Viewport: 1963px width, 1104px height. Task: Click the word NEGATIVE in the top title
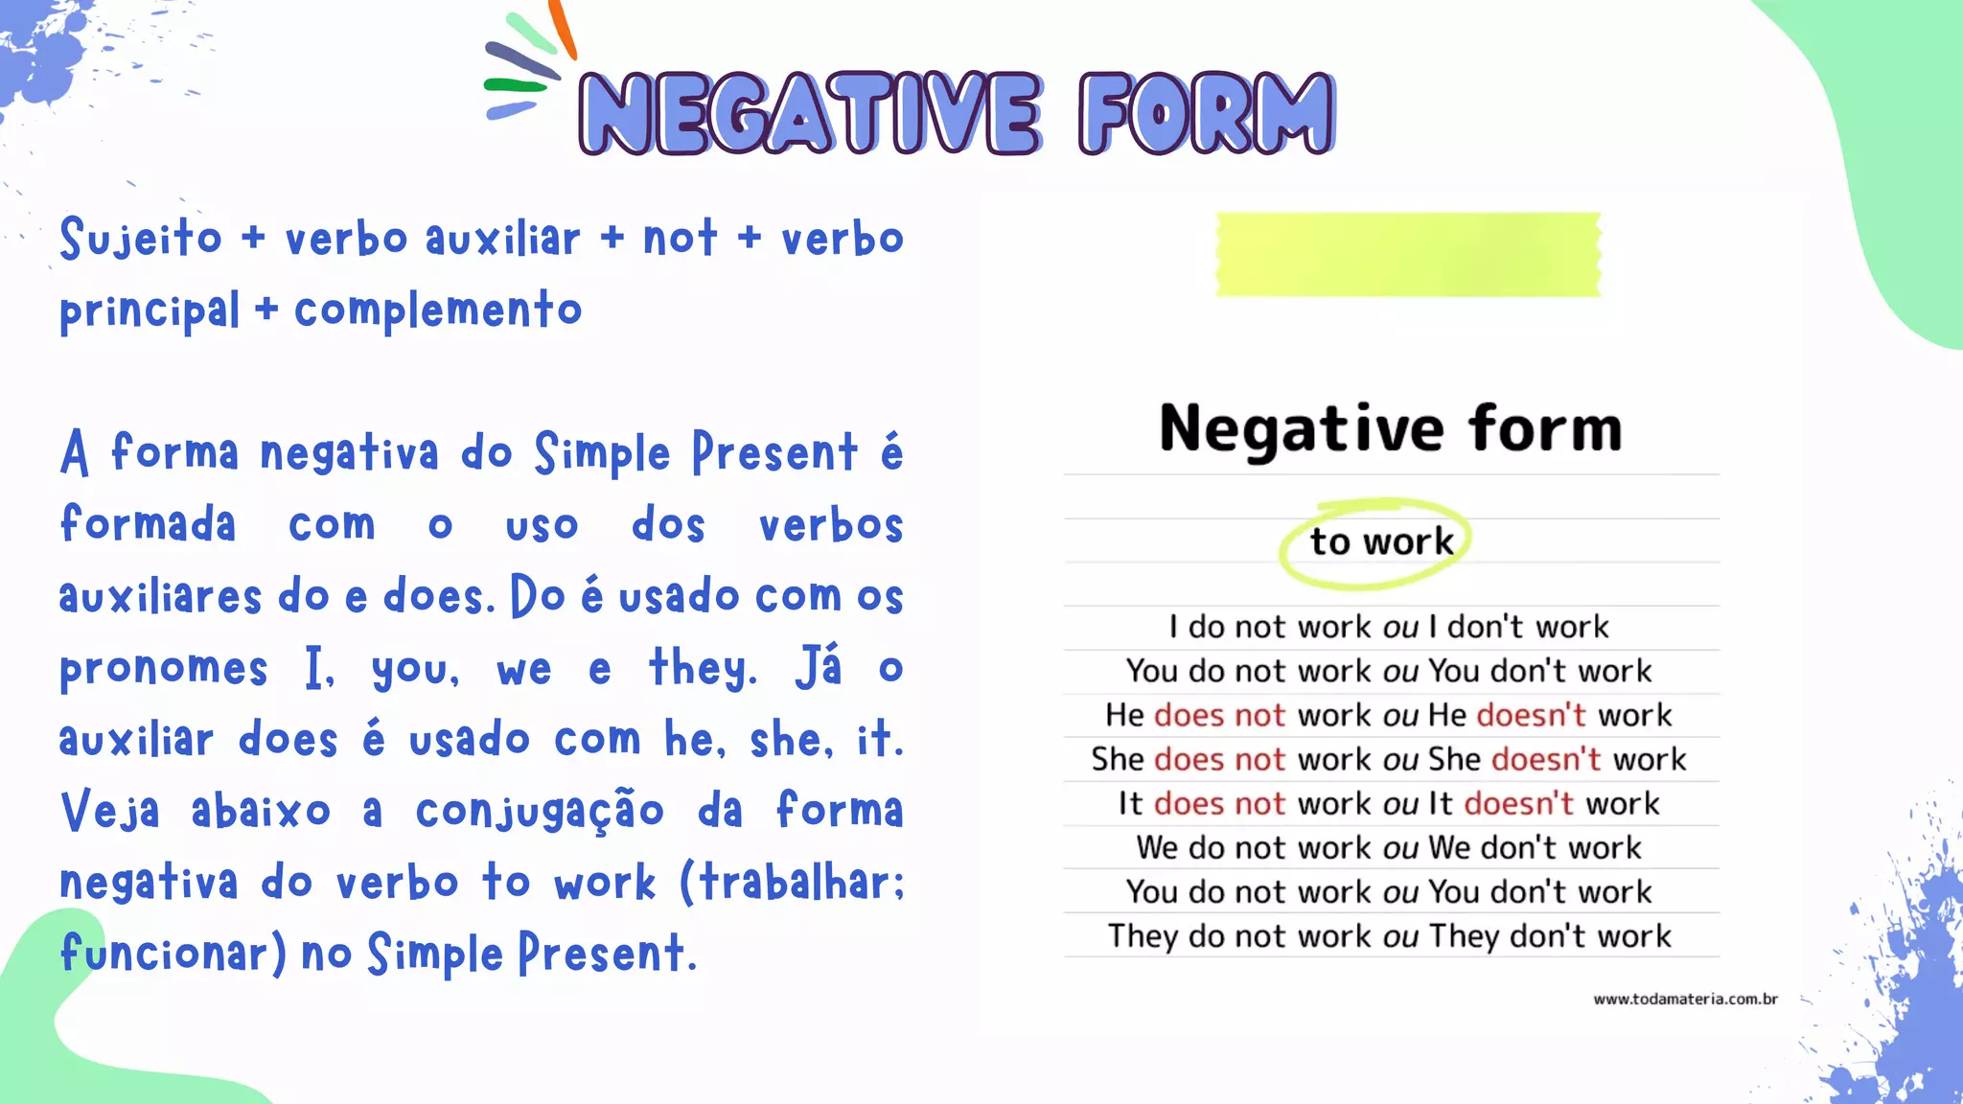coord(810,113)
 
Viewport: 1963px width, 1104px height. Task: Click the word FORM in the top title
coord(1206,113)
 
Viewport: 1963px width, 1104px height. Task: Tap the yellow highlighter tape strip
coord(1407,254)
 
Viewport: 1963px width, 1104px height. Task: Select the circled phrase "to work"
coord(1381,541)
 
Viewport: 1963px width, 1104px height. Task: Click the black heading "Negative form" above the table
coord(1390,428)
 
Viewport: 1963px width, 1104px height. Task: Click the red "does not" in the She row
coord(1219,759)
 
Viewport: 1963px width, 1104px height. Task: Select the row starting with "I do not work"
coord(1388,627)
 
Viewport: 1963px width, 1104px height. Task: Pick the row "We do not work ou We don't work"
coord(1388,847)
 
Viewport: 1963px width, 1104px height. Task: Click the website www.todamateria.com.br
coord(1685,999)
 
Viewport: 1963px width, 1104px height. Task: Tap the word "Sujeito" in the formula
coord(141,238)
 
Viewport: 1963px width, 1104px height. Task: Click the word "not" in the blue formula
coord(680,238)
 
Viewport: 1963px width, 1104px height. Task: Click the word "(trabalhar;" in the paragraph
coord(792,882)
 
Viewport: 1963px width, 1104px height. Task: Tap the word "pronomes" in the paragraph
coord(164,669)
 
